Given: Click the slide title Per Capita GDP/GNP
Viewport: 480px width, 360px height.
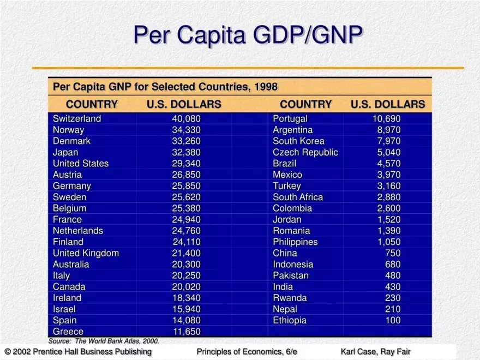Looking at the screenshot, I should tap(248, 34).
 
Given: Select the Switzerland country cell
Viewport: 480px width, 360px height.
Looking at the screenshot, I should tap(77, 119).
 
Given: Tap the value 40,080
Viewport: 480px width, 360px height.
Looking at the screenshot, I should tap(187, 119).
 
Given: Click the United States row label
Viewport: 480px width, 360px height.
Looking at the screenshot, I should tap(81, 164).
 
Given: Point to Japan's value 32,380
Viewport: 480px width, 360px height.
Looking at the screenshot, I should tap(187, 153).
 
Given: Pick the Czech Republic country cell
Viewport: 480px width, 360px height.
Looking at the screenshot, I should tap(305, 153).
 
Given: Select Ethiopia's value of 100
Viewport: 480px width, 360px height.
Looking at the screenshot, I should tap(393, 321).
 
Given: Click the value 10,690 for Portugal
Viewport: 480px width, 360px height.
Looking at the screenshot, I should tap(386, 119).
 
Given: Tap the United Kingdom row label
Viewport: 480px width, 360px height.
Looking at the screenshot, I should tap(86, 253).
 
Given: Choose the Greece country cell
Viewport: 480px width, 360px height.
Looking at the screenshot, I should tap(68, 332).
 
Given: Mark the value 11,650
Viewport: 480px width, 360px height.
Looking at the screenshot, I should tap(187, 332).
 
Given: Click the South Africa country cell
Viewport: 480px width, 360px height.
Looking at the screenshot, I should tap(298, 197).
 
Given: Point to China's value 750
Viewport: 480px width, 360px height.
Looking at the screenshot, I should tap(392, 253).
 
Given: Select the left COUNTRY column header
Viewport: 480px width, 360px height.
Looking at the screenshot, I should tap(92, 104).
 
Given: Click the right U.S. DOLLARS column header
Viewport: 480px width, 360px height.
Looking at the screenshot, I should tap(387, 104).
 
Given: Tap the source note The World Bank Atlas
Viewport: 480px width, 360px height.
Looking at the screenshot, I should tap(104, 341).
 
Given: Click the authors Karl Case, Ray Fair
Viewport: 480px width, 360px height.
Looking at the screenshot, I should tap(375, 352).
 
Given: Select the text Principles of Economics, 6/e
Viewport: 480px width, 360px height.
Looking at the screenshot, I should tap(247, 352).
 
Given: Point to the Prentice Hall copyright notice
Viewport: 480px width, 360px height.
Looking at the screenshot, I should tap(77, 352).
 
